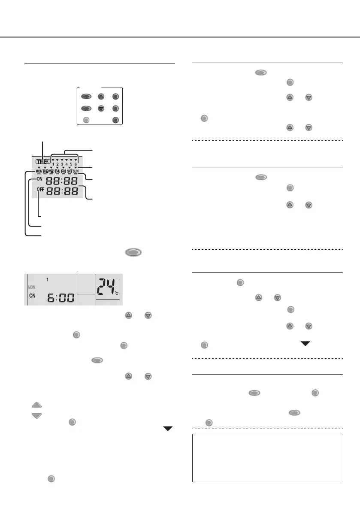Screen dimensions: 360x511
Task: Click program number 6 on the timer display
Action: tap(76, 163)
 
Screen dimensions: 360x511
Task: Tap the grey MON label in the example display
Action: tap(32, 287)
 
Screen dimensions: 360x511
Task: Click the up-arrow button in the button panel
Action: tap(100, 97)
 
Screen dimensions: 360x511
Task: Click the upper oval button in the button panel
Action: tap(86, 97)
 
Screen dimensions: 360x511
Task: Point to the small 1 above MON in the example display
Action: tap(47, 279)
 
